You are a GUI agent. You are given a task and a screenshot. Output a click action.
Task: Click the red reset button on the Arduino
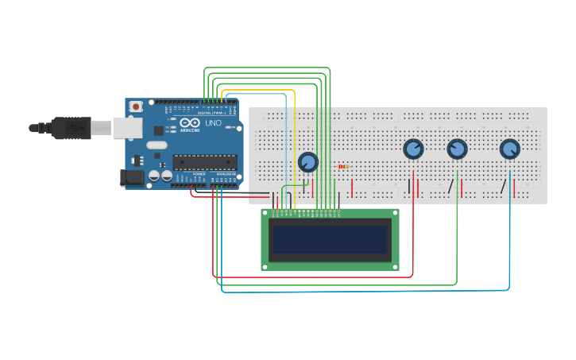136,106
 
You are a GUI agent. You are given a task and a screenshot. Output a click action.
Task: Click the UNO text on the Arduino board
213,124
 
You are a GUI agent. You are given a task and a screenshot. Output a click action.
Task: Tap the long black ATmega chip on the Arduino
204,161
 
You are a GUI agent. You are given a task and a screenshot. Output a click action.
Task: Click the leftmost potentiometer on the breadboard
307,162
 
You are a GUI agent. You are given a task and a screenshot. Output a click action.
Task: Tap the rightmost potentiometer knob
509,149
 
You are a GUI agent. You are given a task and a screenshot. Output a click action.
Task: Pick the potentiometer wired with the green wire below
457,149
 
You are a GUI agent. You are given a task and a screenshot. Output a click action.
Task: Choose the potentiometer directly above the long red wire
413,149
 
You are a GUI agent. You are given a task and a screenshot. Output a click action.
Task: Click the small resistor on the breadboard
343,166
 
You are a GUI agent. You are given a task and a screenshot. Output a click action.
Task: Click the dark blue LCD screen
330,239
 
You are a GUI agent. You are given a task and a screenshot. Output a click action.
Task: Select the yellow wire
295,143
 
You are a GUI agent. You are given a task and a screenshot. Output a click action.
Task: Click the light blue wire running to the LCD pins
284,143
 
